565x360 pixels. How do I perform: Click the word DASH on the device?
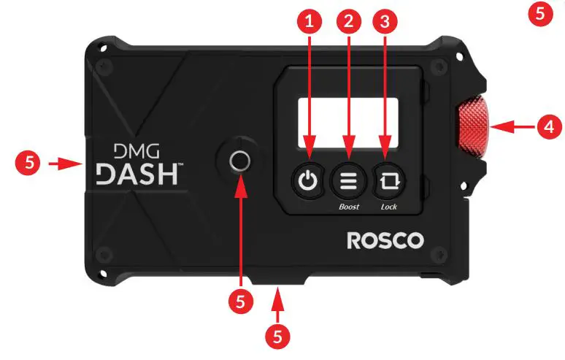139,174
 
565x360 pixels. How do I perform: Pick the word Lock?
389,207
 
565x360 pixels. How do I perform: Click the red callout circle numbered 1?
311,22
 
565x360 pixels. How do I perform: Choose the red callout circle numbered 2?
349,22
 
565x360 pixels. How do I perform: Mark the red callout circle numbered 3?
385,22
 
